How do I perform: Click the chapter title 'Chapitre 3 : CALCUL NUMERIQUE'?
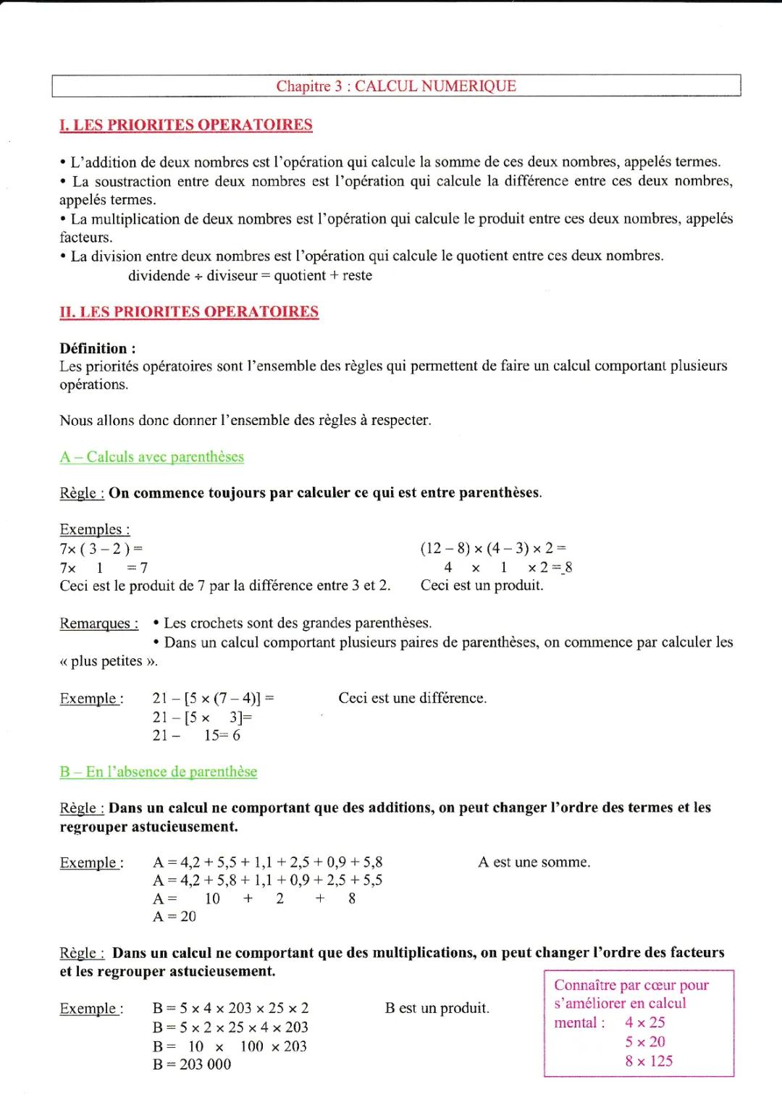pyautogui.click(x=396, y=86)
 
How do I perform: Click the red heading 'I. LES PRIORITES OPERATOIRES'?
pyautogui.click(x=186, y=125)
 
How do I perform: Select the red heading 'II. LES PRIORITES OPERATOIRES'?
pyautogui.click(x=189, y=312)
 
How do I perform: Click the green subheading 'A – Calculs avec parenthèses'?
pyautogui.click(x=152, y=457)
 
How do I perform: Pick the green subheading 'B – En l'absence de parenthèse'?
pyautogui.click(x=158, y=772)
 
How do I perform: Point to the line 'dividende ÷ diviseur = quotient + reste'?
pyautogui.click(x=250, y=275)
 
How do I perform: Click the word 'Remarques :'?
pyautogui.click(x=98, y=623)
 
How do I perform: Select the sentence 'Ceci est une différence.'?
pyautogui.click(x=412, y=698)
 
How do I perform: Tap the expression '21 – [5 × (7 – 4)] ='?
pyautogui.click(x=213, y=698)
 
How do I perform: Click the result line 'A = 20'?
pyautogui.click(x=175, y=917)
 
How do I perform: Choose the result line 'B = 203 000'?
pyautogui.click(x=192, y=1064)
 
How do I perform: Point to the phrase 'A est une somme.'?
pyautogui.click(x=534, y=862)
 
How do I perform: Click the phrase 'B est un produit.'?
pyautogui.click(x=437, y=1008)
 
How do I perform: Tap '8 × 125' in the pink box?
pyautogui.click(x=649, y=1062)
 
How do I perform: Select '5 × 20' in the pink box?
pyautogui.click(x=645, y=1042)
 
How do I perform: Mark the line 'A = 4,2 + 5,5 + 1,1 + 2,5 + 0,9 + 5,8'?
pyautogui.click(x=268, y=862)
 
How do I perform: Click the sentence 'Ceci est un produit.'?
pyautogui.click(x=482, y=585)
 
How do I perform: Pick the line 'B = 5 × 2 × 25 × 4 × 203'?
pyautogui.click(x=230, y=1028)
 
